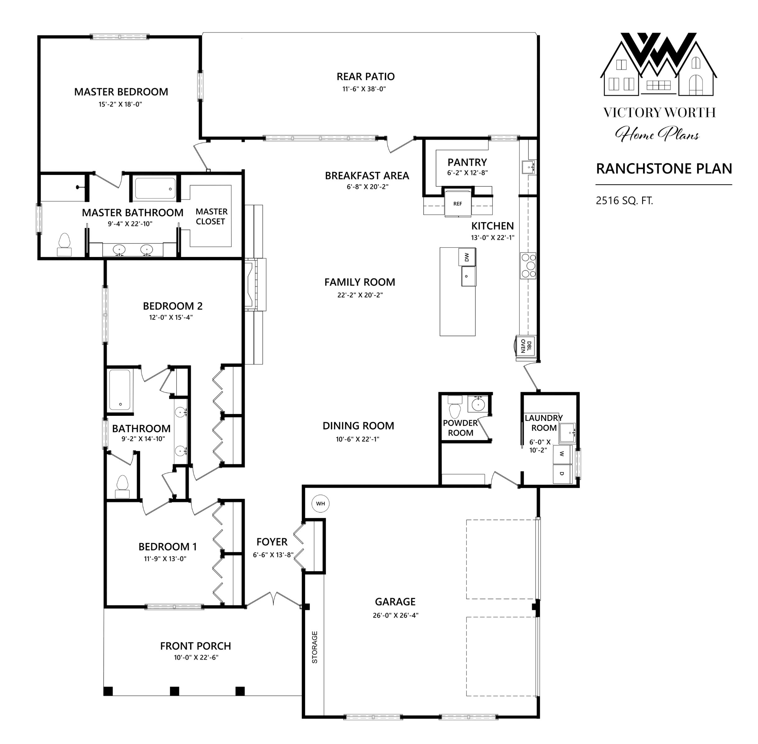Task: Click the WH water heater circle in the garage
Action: pos(320,503)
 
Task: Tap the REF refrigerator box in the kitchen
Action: pos(458,203)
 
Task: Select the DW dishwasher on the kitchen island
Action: pos(467,256)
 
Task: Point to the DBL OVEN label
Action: pos(526,346)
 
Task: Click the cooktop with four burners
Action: pos(528,265)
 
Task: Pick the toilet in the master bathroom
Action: pos(64,245)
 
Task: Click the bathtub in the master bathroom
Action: pos(155,188)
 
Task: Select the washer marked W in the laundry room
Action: pos(562,454)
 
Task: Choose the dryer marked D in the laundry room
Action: pos(562,474)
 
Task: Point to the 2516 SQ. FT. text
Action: pos(624,200)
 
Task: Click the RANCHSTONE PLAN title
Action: pos(664,168)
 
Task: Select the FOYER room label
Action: pos(272,542)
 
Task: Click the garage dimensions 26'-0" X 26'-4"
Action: pos(395,615)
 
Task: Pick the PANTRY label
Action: pos(467,162)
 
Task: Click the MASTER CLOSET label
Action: pos(211,217)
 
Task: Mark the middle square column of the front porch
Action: pos(174,691)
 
